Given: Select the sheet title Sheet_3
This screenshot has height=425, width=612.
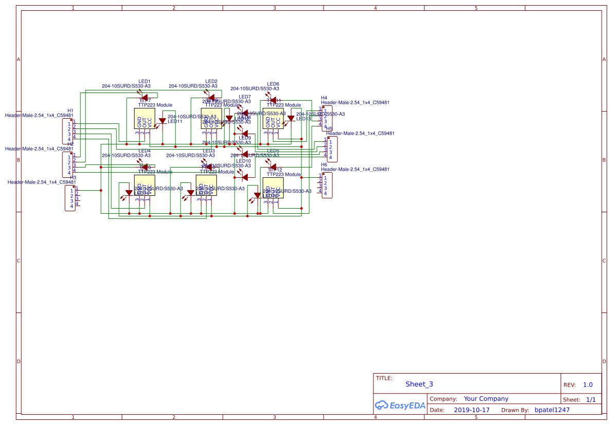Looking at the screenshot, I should coord(419,384).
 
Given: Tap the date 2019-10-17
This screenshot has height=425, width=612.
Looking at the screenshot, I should coord(472,410).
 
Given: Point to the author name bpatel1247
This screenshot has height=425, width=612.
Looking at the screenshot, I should coord(552,410).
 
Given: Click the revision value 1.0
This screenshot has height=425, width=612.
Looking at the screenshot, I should coord(587,384).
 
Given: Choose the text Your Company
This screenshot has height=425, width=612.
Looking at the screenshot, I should coord(485,399).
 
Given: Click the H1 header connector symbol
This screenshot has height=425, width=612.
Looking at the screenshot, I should coord(67,131).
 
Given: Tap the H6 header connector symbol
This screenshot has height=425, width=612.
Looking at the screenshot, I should coord(327,185).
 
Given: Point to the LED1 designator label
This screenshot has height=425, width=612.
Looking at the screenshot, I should coord(145,81).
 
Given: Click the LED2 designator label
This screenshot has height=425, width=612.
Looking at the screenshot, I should coord(211,81).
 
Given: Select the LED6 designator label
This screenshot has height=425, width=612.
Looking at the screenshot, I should coord(273,84).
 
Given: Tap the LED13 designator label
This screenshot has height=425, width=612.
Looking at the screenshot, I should coord(303,119).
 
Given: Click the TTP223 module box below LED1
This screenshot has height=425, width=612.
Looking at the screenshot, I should coord(144,122).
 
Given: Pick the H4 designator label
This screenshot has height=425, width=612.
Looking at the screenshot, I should coord(324,97).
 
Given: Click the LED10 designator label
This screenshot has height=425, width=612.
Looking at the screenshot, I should coord(243,161).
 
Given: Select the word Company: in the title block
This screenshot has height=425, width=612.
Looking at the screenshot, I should coord(443,399).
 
